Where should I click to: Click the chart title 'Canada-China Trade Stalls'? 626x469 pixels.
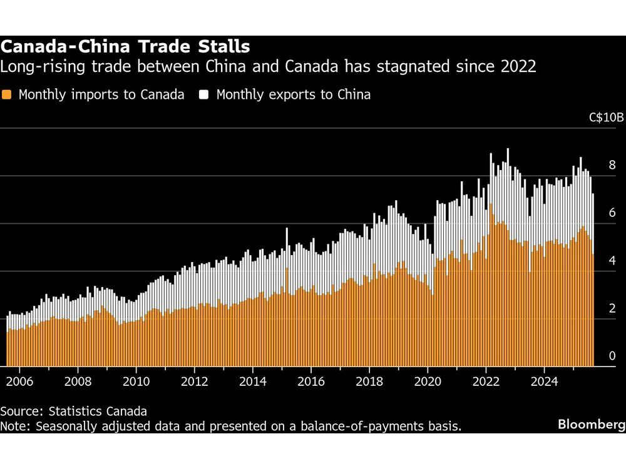click(x=125, y=46)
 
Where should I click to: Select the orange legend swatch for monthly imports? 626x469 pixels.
click(x=7, y=95)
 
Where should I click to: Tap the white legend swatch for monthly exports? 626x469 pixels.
click(x=204, y=95)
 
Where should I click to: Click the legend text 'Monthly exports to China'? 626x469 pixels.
click(x=293, y=95)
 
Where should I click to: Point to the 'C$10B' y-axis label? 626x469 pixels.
click(x=607, y=117)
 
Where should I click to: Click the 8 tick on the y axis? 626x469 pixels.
click(x=612, y=166)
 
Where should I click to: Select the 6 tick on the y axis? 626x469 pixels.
click(x=612, y=213)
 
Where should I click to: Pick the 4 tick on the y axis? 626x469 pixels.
click(x=612, y=261)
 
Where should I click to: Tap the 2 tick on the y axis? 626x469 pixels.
click(x=612, y=308)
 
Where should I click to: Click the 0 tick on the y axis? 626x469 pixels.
click(x=612, y=356)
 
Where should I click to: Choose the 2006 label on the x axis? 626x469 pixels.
click(x=19, y=381)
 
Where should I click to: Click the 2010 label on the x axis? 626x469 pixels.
click(x=136, y=381)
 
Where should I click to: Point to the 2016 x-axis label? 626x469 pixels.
click(x=311, y=381)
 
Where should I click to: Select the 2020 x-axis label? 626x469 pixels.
click(x=428, y=381)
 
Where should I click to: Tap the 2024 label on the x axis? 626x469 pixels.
click(x=545, y=381)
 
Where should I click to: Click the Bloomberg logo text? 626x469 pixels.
click(x=591, y=425)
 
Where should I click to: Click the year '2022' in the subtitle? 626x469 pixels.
click(x=519, y=66)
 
